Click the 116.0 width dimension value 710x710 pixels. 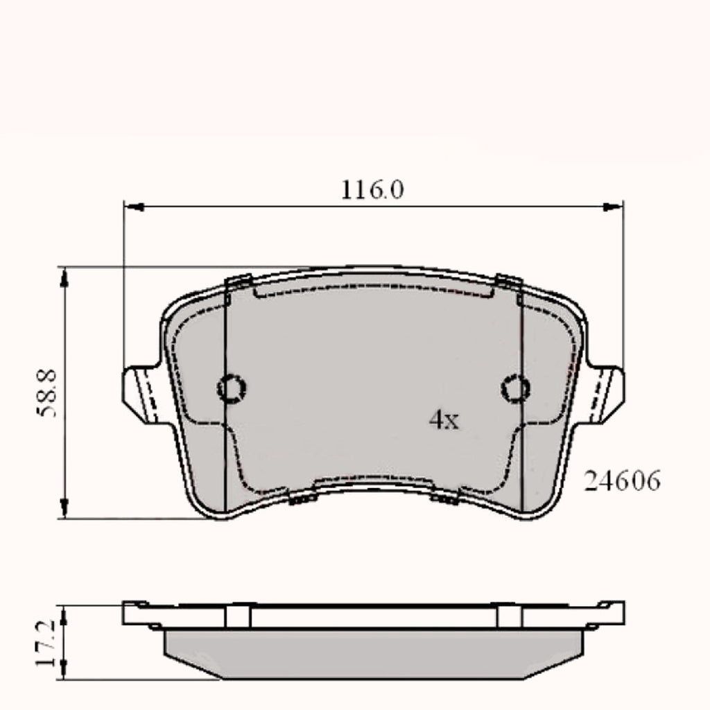click(x=372, y=189)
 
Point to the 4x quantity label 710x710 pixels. click(x=444, y=419)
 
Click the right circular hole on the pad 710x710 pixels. click(x=515, y=388)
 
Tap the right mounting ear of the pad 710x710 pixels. click(x=605, y=391)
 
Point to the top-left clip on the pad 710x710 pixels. click(x=237, y=282)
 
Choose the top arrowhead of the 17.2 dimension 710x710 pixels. click(x=64, y=613)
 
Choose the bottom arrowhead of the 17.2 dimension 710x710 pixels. click(x=64, y=670)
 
